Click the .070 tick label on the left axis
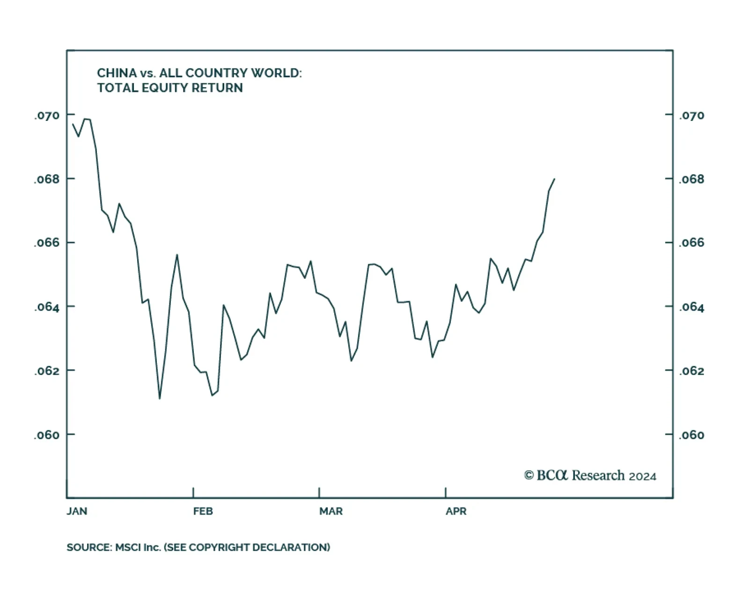(47, 115)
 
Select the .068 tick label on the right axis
(691, 179)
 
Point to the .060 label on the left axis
(47, 435)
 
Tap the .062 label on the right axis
(691, 371)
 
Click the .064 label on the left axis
(47, 307)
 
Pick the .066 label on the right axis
(691, 243)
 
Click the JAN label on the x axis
(77, 511)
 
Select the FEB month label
(203, 511)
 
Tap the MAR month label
(331, 511)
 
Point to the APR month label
(456, 511)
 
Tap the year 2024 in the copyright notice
(642, 477)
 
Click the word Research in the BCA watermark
(598, 476)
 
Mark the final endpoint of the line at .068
(554, 179)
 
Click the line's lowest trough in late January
(160, 398)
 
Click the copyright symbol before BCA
(529, 476)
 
